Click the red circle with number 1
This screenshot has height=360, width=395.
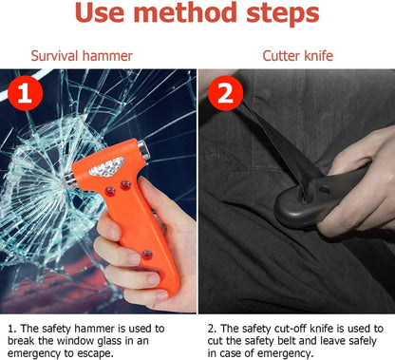click(25, 93)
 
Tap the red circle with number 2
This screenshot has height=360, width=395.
click(225, 93)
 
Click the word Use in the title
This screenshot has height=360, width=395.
click(99, 12)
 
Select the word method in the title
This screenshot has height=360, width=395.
click(185, 12)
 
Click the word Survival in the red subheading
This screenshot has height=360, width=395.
click(54, 56)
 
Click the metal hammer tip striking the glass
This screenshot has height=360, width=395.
click(69, 180)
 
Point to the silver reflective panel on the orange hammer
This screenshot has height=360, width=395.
click(106, 167)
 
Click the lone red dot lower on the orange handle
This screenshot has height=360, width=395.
click(146, 254)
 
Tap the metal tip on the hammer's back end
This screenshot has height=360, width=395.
click(144, 149)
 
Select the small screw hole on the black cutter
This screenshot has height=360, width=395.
click(324, 190)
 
